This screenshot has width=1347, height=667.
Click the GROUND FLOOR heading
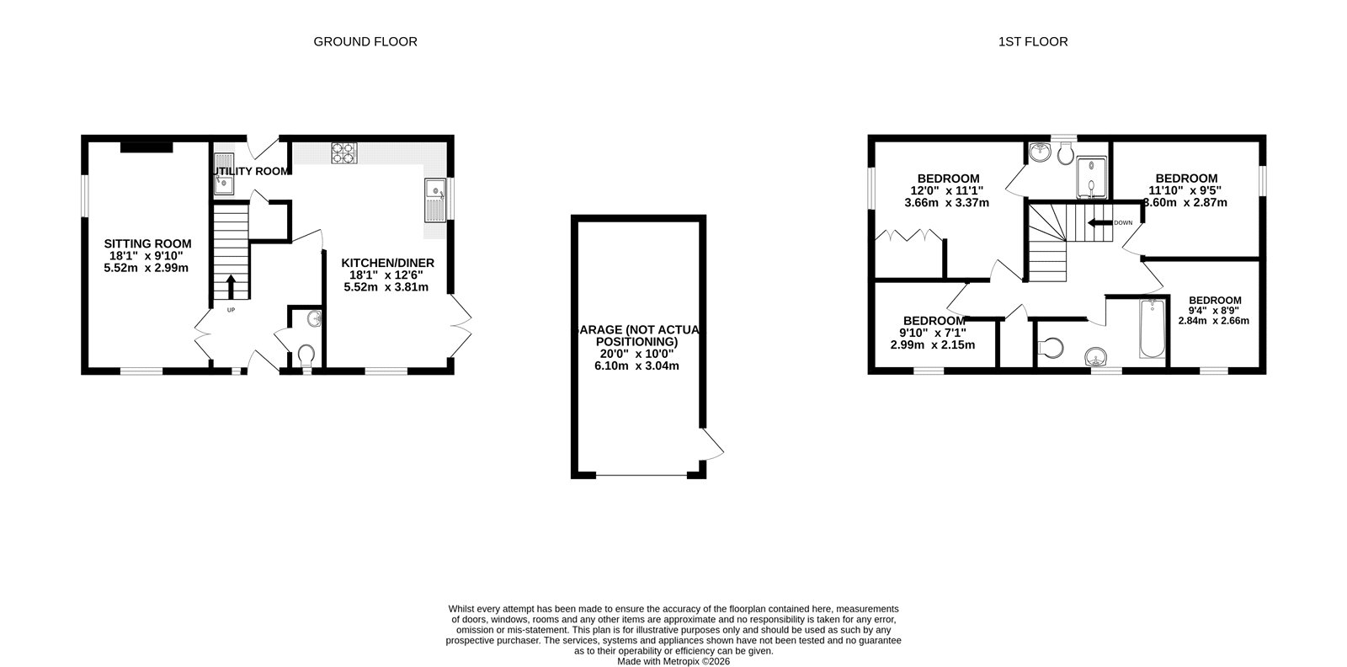click(x=365, y=41)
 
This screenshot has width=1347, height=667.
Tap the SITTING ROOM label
click(x=146, y=243)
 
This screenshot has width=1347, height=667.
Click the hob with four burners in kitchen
click(x=343, y=152)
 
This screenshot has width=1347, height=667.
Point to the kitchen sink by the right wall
click(x=434, y=200)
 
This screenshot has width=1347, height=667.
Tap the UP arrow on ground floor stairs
click(x=230, y=285)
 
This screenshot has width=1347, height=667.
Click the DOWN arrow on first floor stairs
click(x=1098, y=223)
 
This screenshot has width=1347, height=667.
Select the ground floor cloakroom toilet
click(x=306, y=354)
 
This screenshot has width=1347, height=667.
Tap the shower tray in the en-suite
click(x=1092, y=179)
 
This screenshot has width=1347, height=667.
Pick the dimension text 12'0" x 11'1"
click(x=947, y=190)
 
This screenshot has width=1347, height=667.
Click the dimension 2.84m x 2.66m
click(x=1213, y=320)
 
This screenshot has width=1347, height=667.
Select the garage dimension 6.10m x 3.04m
click(x=636, y=366)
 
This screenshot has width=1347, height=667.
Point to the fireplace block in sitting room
click(x=146, y=148)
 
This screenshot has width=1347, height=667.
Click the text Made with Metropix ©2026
click(x=673, y=661)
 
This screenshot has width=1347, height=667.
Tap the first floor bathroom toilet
click(x=1049, y=346)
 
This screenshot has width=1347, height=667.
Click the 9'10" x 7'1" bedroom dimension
click(x=934, y=333)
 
